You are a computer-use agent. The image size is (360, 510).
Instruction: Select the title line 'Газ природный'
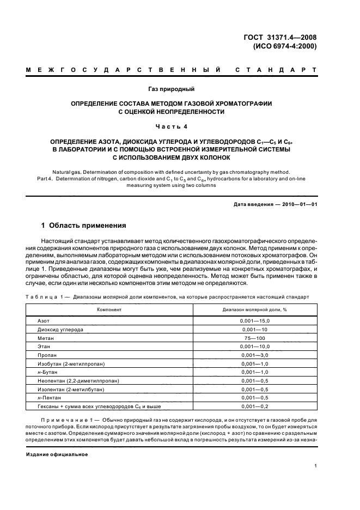pos(172,88)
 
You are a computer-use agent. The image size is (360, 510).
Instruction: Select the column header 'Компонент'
pos(109,309)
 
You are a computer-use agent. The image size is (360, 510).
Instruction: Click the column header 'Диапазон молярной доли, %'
pos(255,309)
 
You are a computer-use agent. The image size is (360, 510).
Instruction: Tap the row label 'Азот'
pos(44,321)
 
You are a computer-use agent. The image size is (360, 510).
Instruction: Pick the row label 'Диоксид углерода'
pos(60,330)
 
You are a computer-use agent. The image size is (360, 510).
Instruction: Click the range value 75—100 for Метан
pos(255,338)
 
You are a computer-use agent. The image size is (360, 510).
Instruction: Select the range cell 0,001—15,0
pos(255,321)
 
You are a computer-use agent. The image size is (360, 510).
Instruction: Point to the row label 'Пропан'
pos(47,355)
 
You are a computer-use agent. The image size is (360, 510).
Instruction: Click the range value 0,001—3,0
pos(255,355)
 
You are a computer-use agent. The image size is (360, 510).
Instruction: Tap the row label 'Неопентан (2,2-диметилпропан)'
pos(78,380)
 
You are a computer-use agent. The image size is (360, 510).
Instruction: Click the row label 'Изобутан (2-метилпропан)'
pos(71,363)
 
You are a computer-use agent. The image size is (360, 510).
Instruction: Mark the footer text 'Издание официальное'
pos(57,454)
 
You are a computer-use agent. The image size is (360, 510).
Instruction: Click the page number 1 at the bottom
pos(315,466)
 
